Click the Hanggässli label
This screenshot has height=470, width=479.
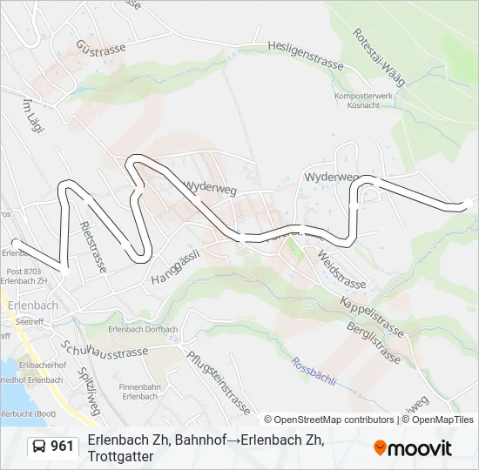(176, 266)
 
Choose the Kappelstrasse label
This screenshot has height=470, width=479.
(371, 317)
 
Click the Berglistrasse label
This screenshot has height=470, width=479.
(375, 344)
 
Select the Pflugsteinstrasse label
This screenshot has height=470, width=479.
(217, 381)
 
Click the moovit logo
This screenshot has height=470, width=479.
(413, 448)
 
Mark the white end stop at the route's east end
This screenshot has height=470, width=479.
(468, 205)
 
